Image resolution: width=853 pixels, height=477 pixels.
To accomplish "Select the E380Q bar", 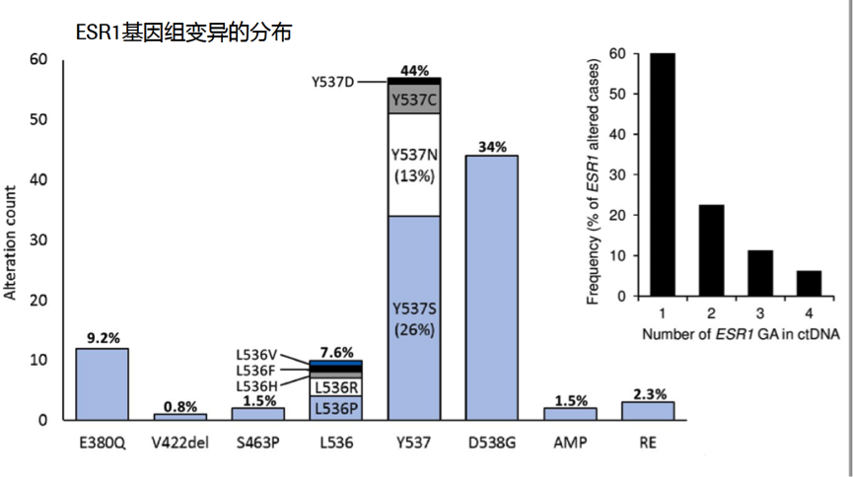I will [x=103, y=383].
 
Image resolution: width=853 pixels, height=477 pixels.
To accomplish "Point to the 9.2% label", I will [x=103, y=338].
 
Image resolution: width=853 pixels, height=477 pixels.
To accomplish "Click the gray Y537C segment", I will [x=414, y=100].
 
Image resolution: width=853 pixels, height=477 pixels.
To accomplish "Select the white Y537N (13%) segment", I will [x=414, y=165].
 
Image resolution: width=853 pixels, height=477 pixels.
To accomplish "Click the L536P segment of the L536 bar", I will [x=336, y=407].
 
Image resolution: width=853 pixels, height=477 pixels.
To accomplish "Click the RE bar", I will [x=647, y=410].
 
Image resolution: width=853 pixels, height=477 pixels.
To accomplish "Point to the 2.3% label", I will [x=647, y=393].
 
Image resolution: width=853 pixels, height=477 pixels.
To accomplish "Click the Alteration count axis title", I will [x=12, y=240].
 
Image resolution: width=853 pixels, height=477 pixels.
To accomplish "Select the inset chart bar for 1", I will [x=662, y=174].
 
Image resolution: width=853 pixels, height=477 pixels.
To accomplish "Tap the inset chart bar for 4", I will [x=808, y=283].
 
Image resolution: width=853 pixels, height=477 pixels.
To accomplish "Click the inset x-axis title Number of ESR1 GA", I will [x=740, y=335].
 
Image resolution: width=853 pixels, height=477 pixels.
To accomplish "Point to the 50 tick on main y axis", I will [x=39, y=119].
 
